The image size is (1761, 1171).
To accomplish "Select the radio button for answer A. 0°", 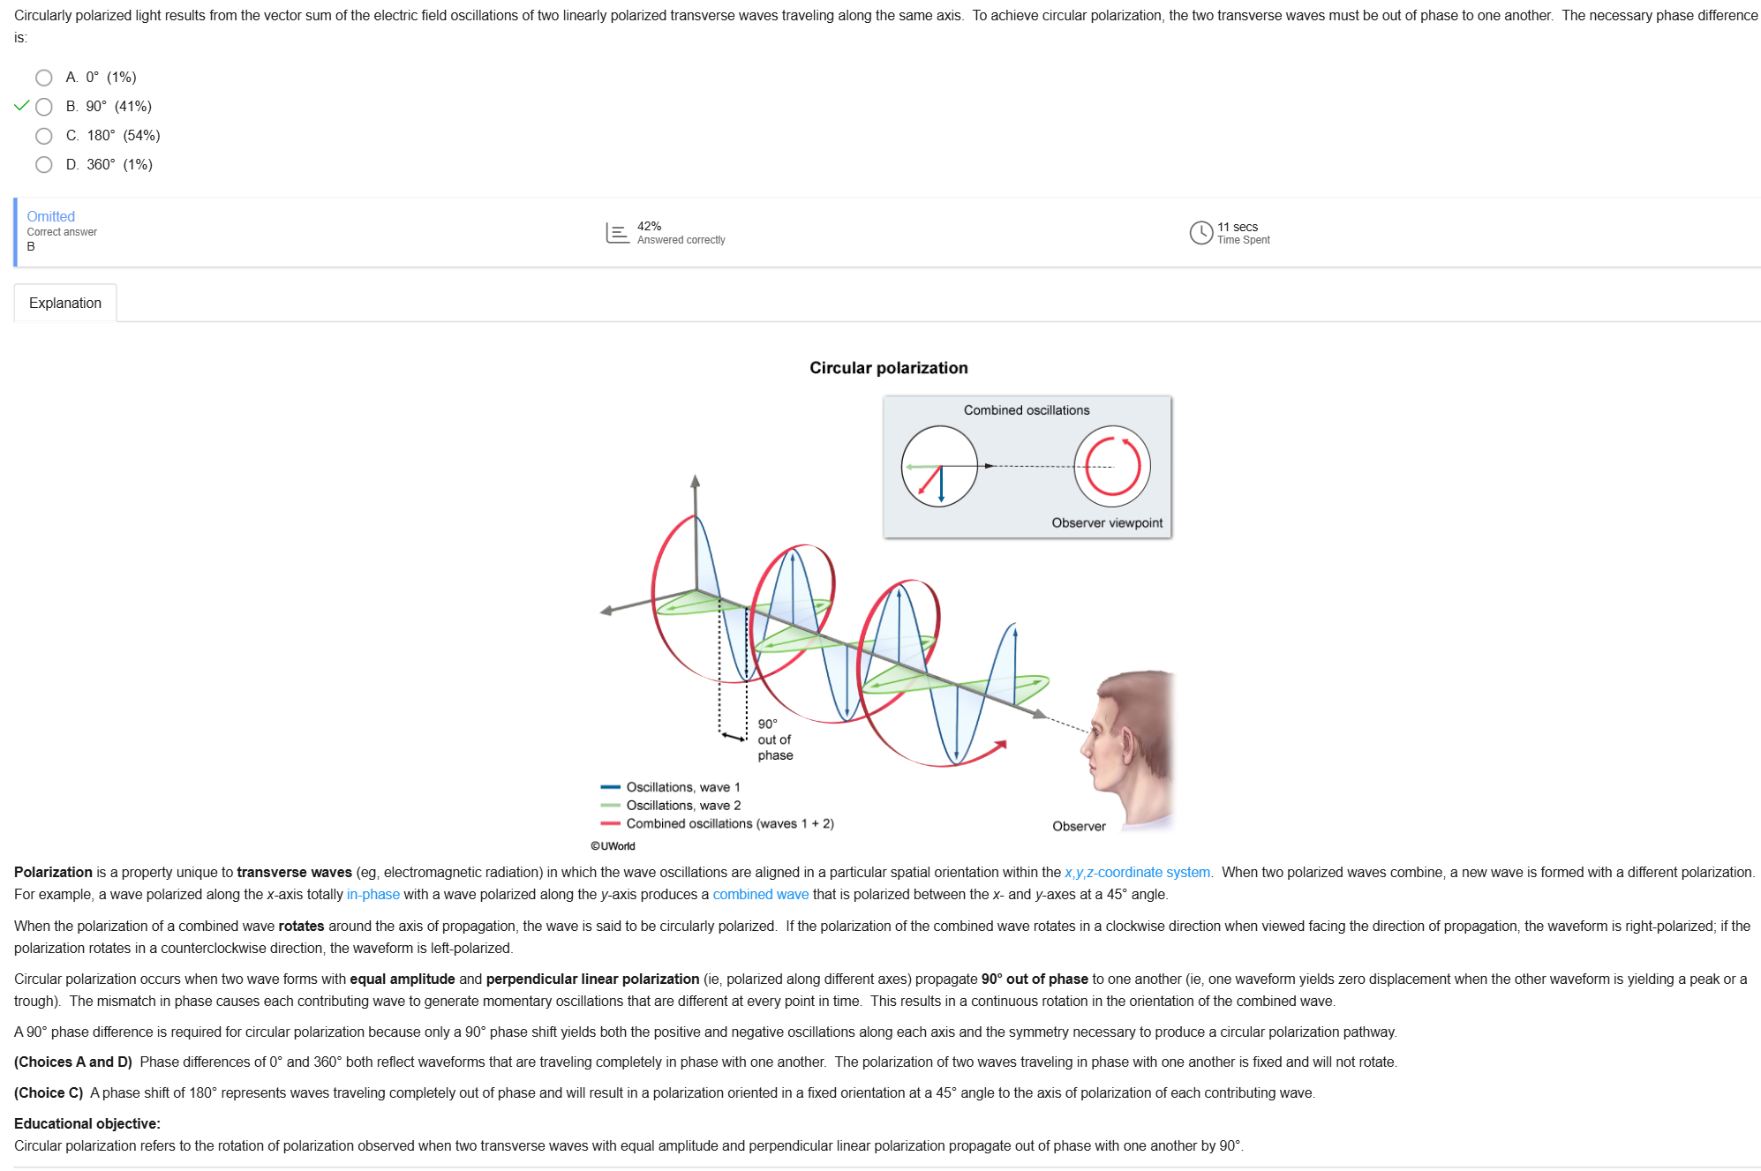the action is pyautogui.click(x=44, y=78).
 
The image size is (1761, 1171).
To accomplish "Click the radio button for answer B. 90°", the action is pyautogui.click(x=44, y=107).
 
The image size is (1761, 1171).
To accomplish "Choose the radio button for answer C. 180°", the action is pyautogui.click(x=44, y=136).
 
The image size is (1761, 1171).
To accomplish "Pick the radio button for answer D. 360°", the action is pyautogui.click(x=44, y=165).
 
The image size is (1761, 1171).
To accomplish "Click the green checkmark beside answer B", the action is pyautogui.click(x=22, y=106).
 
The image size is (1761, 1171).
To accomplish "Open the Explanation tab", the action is pyautogui.click(x=65, y=303).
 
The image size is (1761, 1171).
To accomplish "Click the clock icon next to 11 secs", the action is pyautogui.click(x=1200, y=232).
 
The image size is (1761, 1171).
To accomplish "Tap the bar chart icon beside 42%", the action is pyautogui.click(x=618, y=233).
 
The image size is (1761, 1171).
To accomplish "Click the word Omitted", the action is pyautogui.click(x=51, y=216).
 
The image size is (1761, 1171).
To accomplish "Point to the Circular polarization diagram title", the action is pyautogui.click(x=889, y=368).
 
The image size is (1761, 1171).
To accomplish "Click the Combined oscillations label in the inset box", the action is pyautogui.click(x=1027, y=410).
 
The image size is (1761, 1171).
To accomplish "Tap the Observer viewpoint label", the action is pyautogui.click(x=1107, y=523).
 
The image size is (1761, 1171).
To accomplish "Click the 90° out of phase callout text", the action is pyautogui.click(x=775, y=739).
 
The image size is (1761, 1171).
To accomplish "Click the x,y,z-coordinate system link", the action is pyautogui.click(x=1137, y=873).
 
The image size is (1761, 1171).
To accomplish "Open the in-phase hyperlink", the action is pyautogui.click(x=373, y=895).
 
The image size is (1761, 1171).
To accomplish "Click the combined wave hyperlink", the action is pyautogui.click(x=761, y=895).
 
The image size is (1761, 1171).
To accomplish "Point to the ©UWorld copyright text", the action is pyautogui.click(x=613, y=846).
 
